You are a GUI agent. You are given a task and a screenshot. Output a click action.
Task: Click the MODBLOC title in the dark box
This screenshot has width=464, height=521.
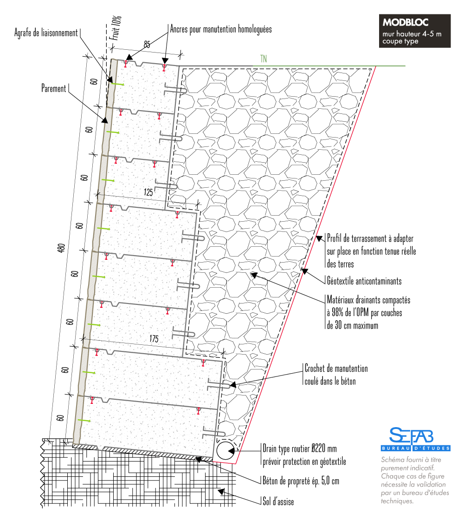[x=405, y=22]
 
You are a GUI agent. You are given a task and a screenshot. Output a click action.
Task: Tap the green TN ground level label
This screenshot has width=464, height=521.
[x=264, y=59]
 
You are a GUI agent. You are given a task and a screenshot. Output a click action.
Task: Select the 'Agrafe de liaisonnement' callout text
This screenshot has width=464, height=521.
[x=46, y=33]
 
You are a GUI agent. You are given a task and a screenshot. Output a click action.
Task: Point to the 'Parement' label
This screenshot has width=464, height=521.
[x=54, y=88]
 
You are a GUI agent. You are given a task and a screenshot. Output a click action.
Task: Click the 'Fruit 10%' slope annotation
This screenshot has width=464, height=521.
[x=116, y=28]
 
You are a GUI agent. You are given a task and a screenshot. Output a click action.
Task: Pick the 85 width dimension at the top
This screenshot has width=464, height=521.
[x=147, y=44]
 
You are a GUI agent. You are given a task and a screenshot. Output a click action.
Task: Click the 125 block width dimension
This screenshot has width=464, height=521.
[x=148, y=192]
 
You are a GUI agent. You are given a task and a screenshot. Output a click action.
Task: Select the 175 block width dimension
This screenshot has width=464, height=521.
[x=154, y=339]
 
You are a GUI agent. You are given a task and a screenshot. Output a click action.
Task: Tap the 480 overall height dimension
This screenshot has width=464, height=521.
[x=61, y=248]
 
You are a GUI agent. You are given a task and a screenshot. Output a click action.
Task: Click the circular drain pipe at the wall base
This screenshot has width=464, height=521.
[x=226, y=451]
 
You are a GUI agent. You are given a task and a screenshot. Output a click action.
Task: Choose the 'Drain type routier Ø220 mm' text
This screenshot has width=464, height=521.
[x=299, y=448]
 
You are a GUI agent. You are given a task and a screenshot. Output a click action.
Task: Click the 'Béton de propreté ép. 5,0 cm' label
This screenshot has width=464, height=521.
[x=301, y=481]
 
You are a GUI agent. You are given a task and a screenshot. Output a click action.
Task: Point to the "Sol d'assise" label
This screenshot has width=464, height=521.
[x=278, y=501]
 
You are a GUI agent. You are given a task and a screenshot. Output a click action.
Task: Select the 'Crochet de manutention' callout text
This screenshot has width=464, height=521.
[x=336, y=369]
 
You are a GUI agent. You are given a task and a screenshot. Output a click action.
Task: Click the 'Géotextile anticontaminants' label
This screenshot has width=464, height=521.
[x=364, y=281]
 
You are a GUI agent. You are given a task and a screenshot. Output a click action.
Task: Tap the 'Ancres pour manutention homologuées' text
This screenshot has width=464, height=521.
[x=221, y=29]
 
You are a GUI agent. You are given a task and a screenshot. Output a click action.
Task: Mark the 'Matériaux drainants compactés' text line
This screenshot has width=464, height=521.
[x=368, y=300]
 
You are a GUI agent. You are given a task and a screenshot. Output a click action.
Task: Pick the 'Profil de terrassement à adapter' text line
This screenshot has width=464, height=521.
[x=370, y=238]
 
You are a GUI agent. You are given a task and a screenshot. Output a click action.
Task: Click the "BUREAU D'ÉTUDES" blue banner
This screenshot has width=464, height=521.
[x=416, y=448]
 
